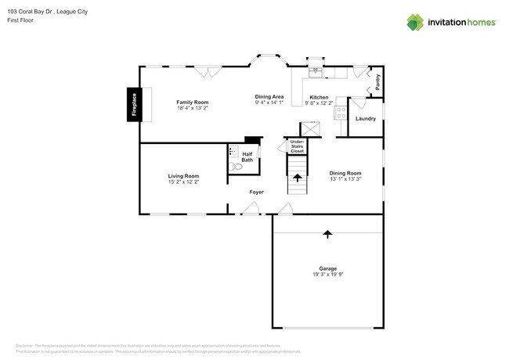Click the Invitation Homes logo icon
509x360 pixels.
tap(415, 23)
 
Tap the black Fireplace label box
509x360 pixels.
tap(134, 104)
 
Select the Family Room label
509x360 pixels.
tap(192, 103)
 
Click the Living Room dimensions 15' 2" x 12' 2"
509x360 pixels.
tap(183, 182)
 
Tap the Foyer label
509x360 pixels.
tap(256, 192)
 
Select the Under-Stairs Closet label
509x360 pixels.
tap(297, 145)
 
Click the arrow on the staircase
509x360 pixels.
tap(298, 178)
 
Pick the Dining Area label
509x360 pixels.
tap(269, 96)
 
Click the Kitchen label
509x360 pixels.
tap(319, 97)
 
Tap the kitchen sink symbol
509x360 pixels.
tap(316, 72)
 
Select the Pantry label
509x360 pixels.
tap(377, 81)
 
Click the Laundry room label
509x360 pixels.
tap(366, 119)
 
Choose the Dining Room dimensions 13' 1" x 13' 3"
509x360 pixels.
tap(345, 179)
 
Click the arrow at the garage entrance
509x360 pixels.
tap(327, 233)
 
